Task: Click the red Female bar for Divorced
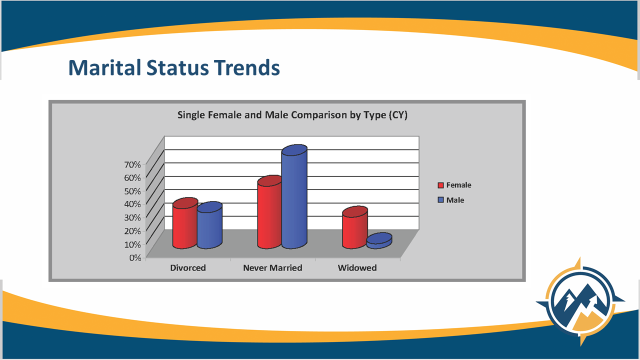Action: tap(185, 223)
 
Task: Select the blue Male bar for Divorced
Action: tap(209, 225)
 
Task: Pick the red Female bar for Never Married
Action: tap(269, 212)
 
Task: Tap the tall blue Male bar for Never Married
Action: tap(294, 196)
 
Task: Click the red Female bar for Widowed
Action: tap(355, 227)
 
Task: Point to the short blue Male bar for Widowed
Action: tap(379, 240)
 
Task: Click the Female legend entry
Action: tap(454, 185)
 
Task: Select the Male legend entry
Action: tap(450, 200)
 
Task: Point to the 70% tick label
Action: tap(132, 164)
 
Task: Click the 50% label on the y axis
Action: tap(132, 191)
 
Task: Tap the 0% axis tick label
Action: tap(135, 257)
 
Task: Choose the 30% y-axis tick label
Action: tap(132, 217)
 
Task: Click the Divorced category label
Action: tap(188, 267)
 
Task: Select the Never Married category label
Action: tap(272, 267)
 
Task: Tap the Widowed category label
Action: tap(357, 267)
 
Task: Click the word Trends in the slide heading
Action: tap(247, 67)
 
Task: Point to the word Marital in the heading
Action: tap(104, 67)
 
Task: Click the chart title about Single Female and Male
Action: tap(292, 115)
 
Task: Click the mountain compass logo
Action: tap(580, 301)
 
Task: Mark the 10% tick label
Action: tap(132, 244)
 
